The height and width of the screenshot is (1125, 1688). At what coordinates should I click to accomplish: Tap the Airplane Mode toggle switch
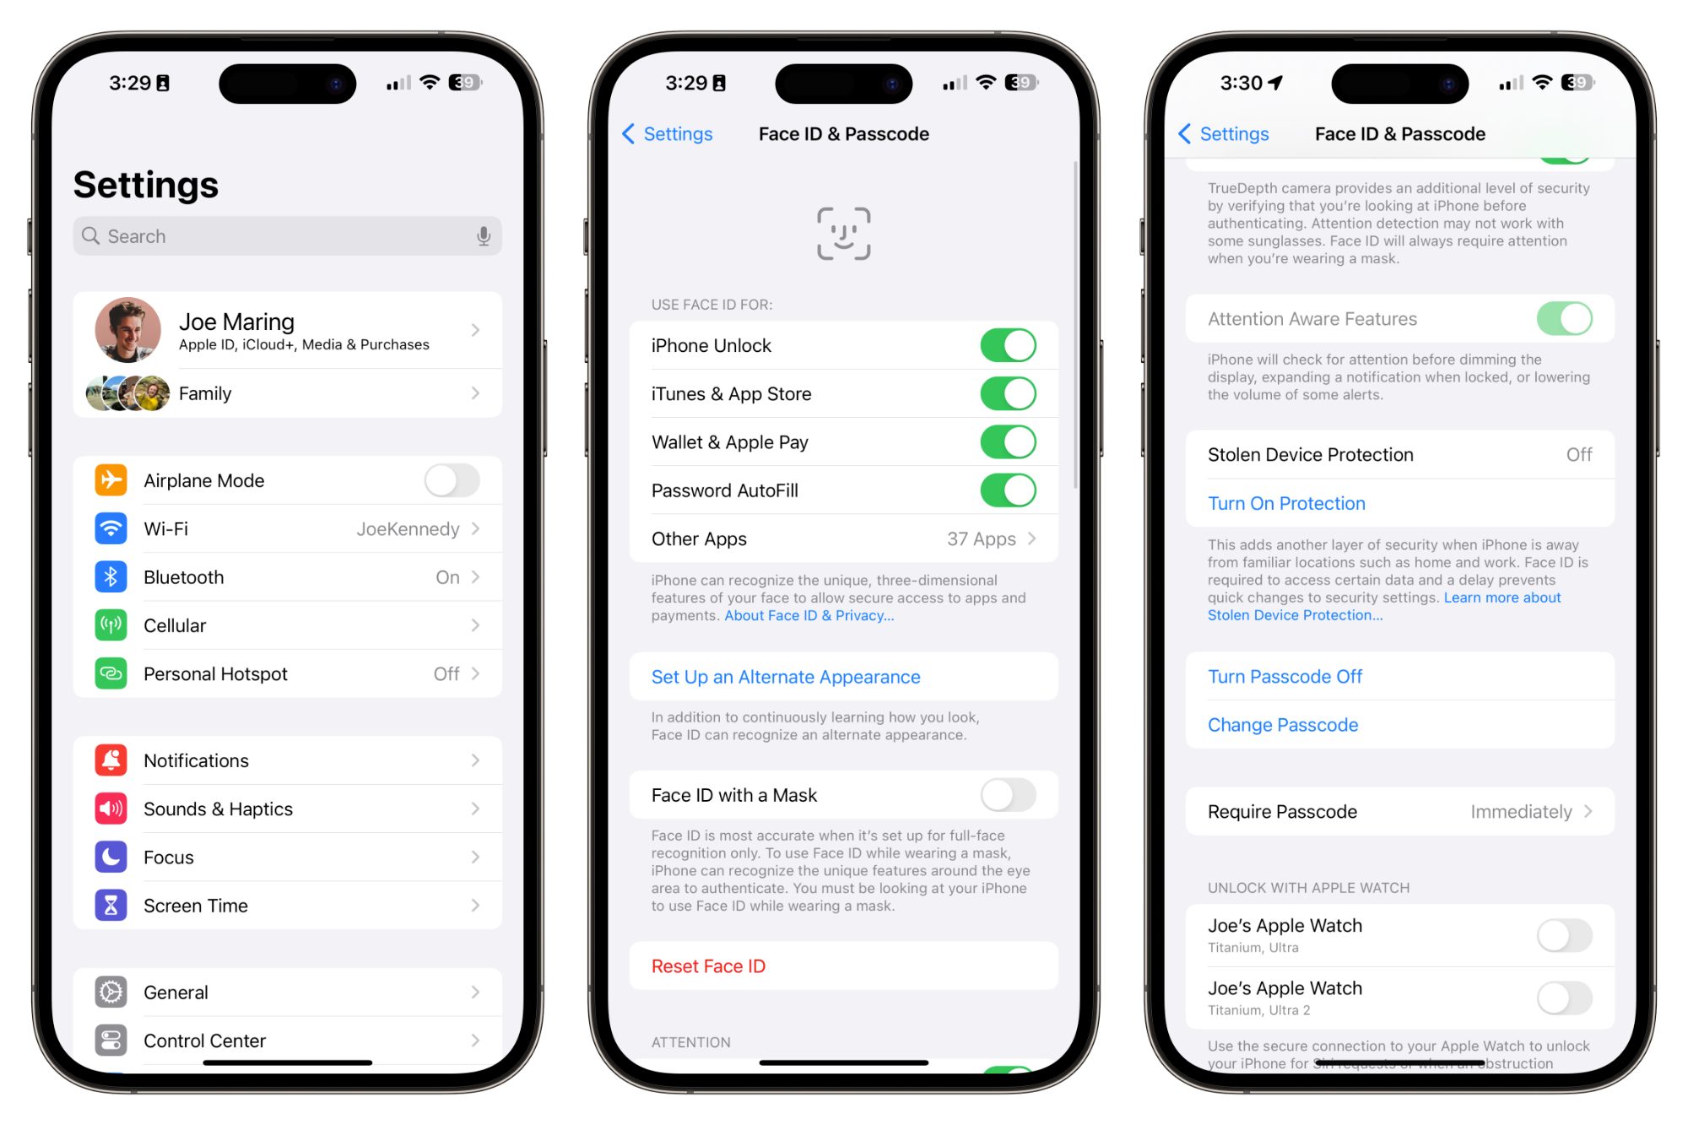tap(452, 480)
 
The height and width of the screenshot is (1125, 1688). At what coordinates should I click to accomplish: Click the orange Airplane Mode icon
tap(111, 480)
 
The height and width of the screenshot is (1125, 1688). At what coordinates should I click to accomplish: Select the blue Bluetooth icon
tap(111, 577)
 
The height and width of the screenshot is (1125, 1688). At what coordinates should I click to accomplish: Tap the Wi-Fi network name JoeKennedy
tap(408, 529)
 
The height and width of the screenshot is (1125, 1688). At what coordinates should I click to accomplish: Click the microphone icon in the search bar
tap(484, 236)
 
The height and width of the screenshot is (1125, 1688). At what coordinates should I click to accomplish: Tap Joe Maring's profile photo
tap(127, 330)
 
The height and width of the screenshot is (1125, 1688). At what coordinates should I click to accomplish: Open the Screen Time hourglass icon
tap(111, 906)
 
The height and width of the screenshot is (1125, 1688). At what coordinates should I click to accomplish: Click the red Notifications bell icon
tap(111, 760)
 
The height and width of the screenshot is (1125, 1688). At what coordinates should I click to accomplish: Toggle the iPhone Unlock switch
tap(1008, 345)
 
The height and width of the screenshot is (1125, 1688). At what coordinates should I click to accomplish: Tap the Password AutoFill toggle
tap(1008, 490)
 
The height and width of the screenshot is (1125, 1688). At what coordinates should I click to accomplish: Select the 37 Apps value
tap(981, 539)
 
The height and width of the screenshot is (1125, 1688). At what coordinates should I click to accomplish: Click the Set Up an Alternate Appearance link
tap(785, 677)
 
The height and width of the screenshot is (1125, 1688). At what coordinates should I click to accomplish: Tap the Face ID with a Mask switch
tap(1008, 795)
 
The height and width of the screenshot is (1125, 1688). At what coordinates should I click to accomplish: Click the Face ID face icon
tap(843, 234)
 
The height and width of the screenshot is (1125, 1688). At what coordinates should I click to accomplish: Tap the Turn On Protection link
tap(1286, 503)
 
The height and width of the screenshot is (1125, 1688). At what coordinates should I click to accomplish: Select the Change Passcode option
tap(1282, 725)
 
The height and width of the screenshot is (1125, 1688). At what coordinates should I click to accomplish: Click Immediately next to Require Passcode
tap(1521, 812)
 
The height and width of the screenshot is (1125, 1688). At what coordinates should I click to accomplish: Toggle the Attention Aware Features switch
tap(1564, 319)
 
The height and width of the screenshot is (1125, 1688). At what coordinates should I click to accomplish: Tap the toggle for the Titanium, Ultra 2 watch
tap(1564, 998)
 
